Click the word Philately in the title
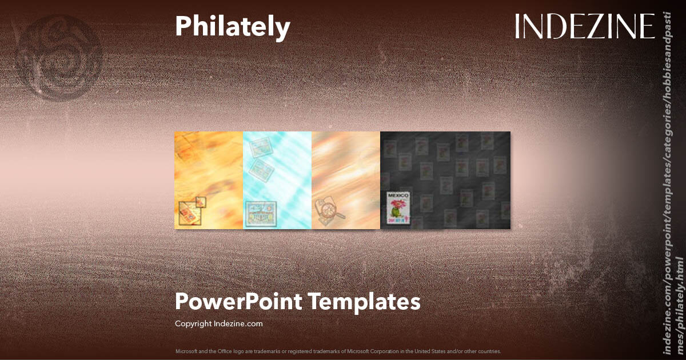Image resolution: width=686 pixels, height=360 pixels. (x=232, y=27)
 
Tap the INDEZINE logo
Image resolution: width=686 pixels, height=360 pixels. (x=585, y=27)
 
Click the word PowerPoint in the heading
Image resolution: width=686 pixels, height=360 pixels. (x=238, y=302)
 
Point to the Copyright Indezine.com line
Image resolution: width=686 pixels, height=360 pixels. (x=218, y=323)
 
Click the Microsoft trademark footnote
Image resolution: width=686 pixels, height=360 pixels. (x=338, y=351)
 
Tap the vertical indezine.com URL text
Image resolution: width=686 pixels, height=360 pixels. (x=672, y=183)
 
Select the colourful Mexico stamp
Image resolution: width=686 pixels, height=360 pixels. (x=400, y=207)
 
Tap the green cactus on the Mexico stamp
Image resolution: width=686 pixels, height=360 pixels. (x=395, y=213)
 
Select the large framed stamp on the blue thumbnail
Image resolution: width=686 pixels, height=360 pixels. (x=260, y=214)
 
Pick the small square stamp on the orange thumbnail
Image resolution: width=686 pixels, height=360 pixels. (x=200, y=201)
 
